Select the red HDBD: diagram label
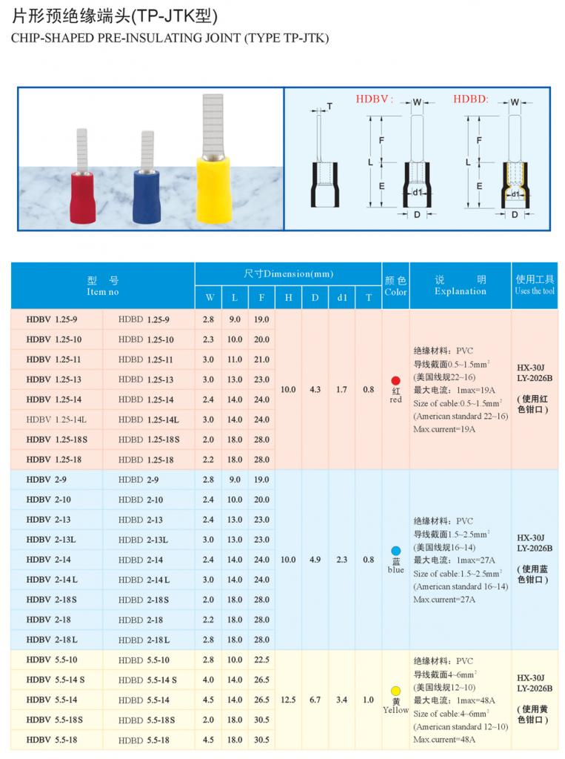pos(471,99)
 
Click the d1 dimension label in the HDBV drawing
pos(417,193)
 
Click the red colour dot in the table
pos(395,380)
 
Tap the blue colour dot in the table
pos(395,551)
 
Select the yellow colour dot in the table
pos(395,692)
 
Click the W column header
pos(210,298)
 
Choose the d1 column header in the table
pos(341,298)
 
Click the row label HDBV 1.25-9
pos(53,319)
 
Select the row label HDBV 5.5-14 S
pos(56,680)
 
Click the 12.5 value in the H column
pos(288,699)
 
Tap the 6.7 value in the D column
pos(315,699)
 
